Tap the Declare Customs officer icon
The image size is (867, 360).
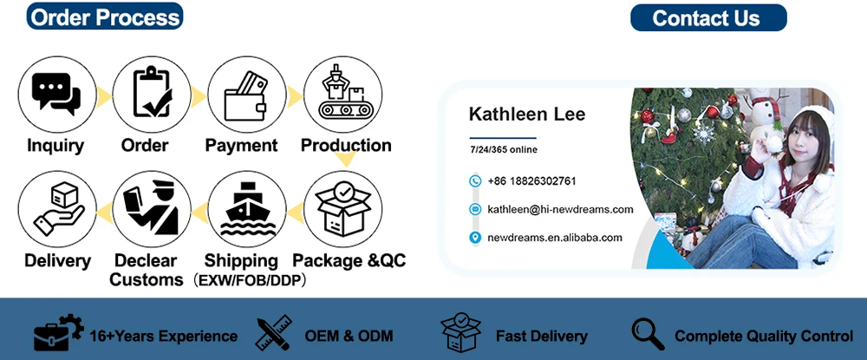coord(150,208)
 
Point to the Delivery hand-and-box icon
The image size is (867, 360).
coord(55,208)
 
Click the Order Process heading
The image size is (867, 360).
coord(104,16)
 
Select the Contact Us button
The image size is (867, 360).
coord(706,17)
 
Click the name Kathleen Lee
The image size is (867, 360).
coord(526,114)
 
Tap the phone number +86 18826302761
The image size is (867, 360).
coord(531,181)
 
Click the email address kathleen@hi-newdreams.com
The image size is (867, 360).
coord(560,209)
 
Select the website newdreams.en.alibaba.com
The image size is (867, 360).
coord(555,237)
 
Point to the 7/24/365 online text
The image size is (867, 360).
coord(503,150)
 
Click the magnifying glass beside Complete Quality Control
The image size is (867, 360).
coord(648,334)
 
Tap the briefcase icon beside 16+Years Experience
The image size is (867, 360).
coord(57,334)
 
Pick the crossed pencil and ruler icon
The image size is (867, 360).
coord(273,334)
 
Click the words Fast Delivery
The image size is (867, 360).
coord(541,336)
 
